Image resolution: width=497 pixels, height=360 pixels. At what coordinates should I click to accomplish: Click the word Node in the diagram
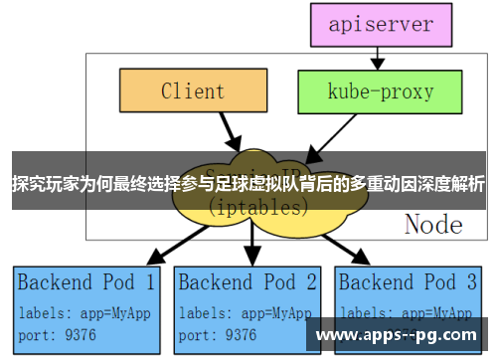432,225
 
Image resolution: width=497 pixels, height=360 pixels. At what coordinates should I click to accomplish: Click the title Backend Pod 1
86,282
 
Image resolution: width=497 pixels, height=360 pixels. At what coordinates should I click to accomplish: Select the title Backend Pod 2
248,282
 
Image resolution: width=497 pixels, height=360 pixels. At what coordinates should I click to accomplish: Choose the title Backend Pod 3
410,282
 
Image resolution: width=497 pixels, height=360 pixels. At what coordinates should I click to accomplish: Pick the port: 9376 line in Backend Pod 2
222,334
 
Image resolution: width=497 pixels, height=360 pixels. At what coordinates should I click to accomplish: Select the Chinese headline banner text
248,184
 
